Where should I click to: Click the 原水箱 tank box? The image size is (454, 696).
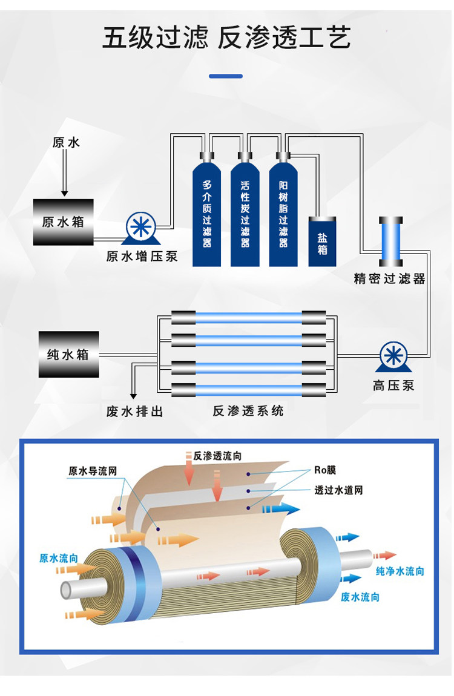tap(63, 222)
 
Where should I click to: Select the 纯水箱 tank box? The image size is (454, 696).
tap(69, 354)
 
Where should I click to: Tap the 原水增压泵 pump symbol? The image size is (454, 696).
tap(141, 228)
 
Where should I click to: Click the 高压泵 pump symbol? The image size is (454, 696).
tap(393, 357)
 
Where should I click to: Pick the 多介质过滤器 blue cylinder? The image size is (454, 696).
tap(207, 210)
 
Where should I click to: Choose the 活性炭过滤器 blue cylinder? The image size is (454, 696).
tap(245, 210)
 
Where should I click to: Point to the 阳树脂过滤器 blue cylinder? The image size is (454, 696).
tap(283, 210)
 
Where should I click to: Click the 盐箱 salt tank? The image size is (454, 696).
tap(322, 241)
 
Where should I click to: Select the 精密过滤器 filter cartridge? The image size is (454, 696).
tap(390, 241)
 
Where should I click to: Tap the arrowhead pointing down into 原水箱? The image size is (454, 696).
tap(65, 193)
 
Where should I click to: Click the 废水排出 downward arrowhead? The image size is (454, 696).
tap(133, 396)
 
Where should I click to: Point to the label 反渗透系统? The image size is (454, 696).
tap(248, 410)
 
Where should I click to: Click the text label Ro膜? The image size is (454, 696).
tap(325, 470)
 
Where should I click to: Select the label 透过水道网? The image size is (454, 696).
tap(338, 490)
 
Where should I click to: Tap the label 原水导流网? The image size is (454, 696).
tap(92, 471)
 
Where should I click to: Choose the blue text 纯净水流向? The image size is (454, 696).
tap(400, 571)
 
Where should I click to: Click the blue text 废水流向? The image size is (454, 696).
tap(360, 597)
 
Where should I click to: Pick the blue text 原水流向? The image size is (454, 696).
tap(59, 558)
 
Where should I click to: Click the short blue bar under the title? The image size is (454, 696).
tap(226, 76)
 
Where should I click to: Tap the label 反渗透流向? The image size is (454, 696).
tap(217, 456)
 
